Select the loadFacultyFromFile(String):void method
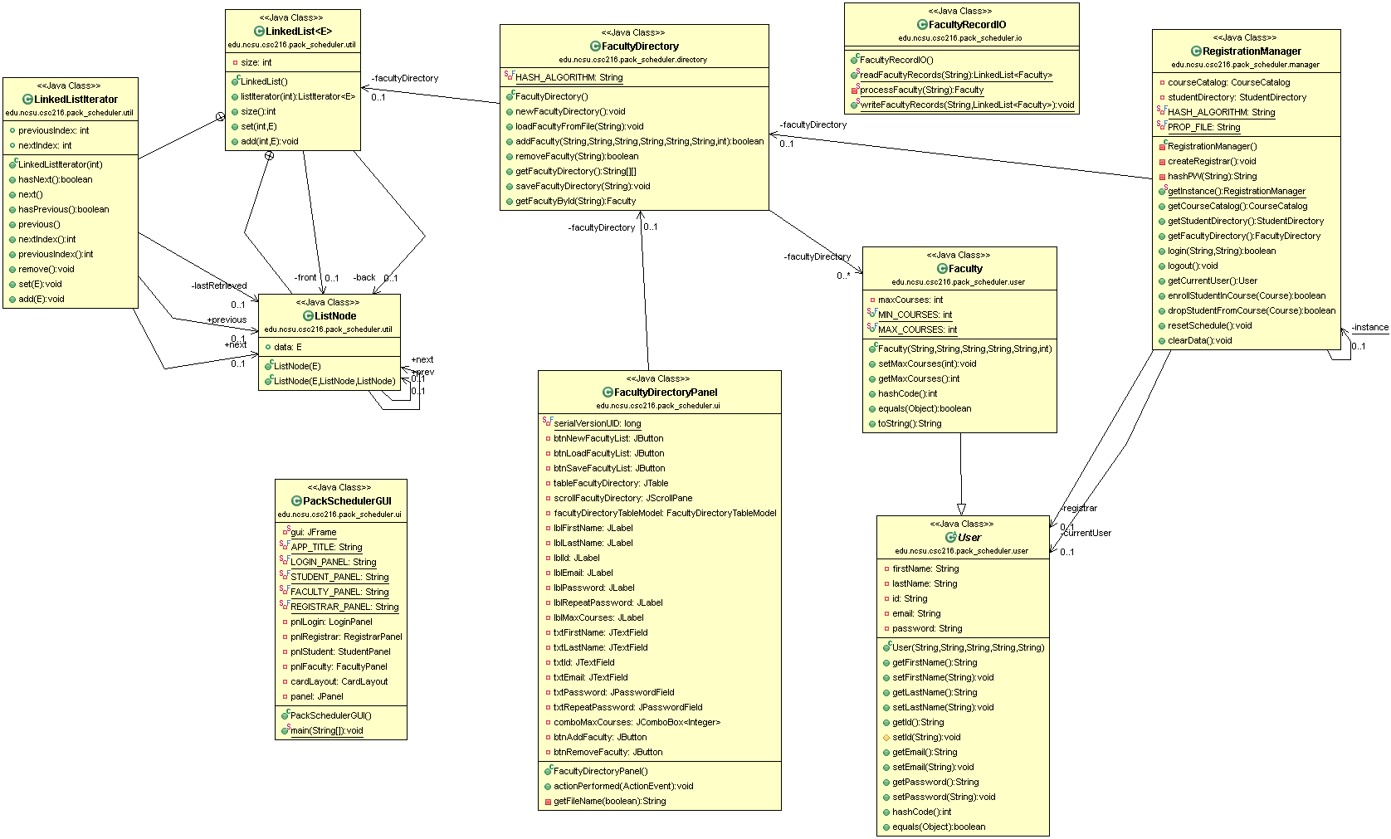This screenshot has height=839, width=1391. pyautogui.click(x=579, y=126)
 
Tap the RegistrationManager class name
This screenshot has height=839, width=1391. pyautogui.click(x=1252, y=51)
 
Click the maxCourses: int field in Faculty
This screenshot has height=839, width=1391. pyautogui.click(x=910, y=300)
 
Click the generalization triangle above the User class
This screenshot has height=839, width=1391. pyautogui.click(x=961, y=509)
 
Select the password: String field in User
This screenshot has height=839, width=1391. pyautogui.click(x=927, y=628)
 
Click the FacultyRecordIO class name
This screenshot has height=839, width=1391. pyautogui.click(x=967, y=25)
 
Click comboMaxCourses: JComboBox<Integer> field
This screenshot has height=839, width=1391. pyautogui.click(x=637, y=722)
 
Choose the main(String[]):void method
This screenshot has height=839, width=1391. pyautogui.click(x=326, y=730)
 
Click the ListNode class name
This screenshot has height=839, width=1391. pyautogui.click(x=335, y=316)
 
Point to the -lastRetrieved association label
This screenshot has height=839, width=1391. pyautogui.click(x=219, y=285)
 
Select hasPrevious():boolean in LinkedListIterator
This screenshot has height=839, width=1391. pyautogui.click(x=64, y=209)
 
